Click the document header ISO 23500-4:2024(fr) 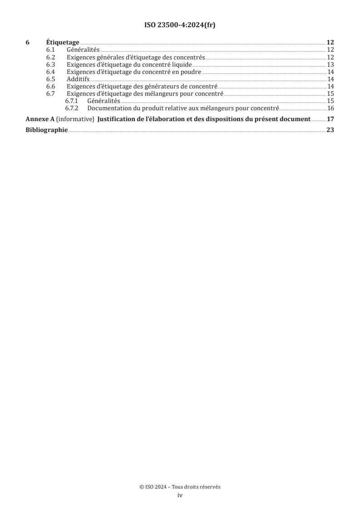click(x=180, y=25)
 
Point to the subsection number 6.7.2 click(x=72, y=108)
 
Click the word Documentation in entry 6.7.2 click(x=107, y=108)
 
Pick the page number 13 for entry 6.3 click(x=330, y=64)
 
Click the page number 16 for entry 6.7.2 click(x=330, y=108)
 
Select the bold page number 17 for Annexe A click(x=330, y=119)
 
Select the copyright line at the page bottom click(x=180, y=487)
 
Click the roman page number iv click(x=180, y=495)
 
